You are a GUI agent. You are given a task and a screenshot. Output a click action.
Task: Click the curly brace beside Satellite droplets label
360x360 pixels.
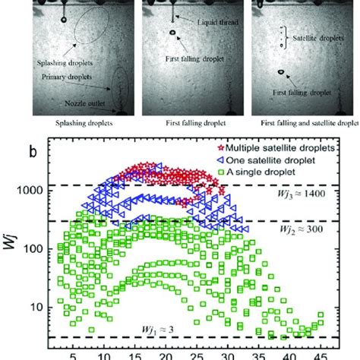pyautogui.click(x=283, y=34)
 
